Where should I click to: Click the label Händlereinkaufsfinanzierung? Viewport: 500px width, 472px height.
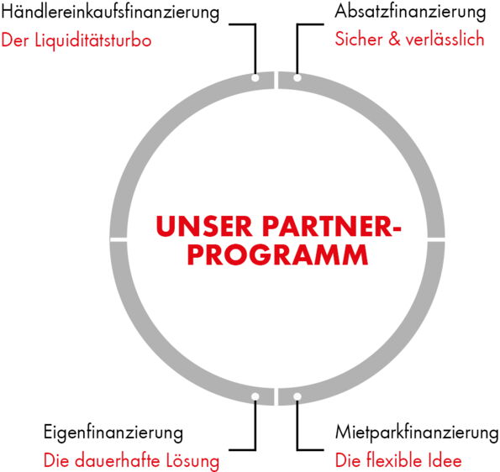click(x=110, y=13)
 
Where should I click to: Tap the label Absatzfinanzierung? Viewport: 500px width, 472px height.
click(x=410, y=12)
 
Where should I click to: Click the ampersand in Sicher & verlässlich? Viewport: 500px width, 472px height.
click(x=394, y=39)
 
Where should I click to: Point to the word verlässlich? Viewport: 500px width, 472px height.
click(x=445, y=39)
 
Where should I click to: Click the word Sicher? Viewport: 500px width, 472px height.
click(x=359, y=39)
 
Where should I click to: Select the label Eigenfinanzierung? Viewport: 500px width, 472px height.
click(x=113, y=433)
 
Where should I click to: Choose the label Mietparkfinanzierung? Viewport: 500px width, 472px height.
click(x=417, y=433)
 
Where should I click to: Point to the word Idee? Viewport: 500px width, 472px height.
click(x=450, y=461)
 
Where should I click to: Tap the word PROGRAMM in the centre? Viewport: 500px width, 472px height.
click(x=278, y=255)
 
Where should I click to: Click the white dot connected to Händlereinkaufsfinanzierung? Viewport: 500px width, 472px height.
click(x=255, y=78)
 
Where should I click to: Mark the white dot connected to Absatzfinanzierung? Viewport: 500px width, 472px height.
click(x=297, y=78)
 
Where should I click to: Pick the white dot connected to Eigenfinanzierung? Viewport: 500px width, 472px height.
click(x=255, y=396)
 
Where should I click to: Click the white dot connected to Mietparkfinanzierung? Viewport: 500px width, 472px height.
click(x=297, y=396)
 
